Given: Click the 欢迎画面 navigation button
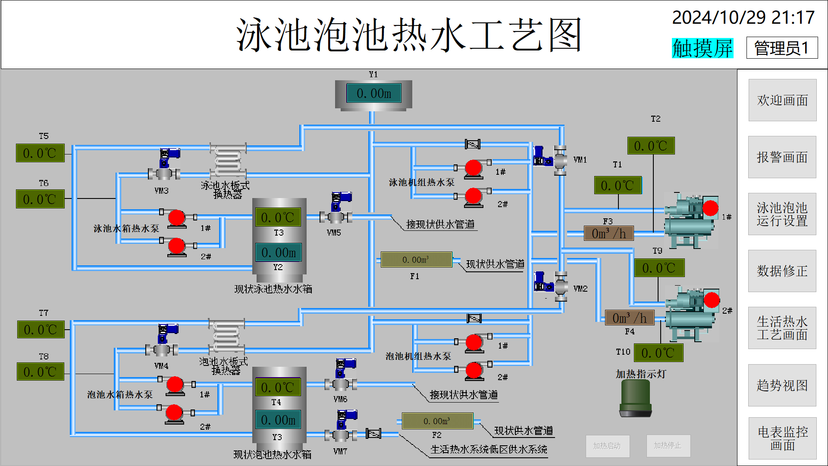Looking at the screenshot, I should [x=782, y=100].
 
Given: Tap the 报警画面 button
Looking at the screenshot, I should [x=782, y=157].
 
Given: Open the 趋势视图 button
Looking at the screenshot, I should [x=782, y=385].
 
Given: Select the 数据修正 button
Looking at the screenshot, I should [x=782, y=271].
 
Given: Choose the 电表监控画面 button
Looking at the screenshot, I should [x=782, y=438].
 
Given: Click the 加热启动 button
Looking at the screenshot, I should [x=607, y=446].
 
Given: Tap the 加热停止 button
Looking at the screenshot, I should [x=668, y=446].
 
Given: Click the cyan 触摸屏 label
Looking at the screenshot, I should [x=703, y=48].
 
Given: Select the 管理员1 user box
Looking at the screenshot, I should [x=782, y=48].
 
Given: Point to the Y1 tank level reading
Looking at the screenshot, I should [x=374, y=93].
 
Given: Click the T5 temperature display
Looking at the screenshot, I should [x=40, y=153].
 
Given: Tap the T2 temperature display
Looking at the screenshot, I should [x=651, y=146].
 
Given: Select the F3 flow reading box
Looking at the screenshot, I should [x=608, y=233].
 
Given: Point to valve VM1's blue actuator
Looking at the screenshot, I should [x=541, y=156].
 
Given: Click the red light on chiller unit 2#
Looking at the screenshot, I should [x=712, y=300].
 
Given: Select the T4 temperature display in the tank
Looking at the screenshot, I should [x=278, y=387].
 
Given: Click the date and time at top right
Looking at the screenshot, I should [x=743, y=18].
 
